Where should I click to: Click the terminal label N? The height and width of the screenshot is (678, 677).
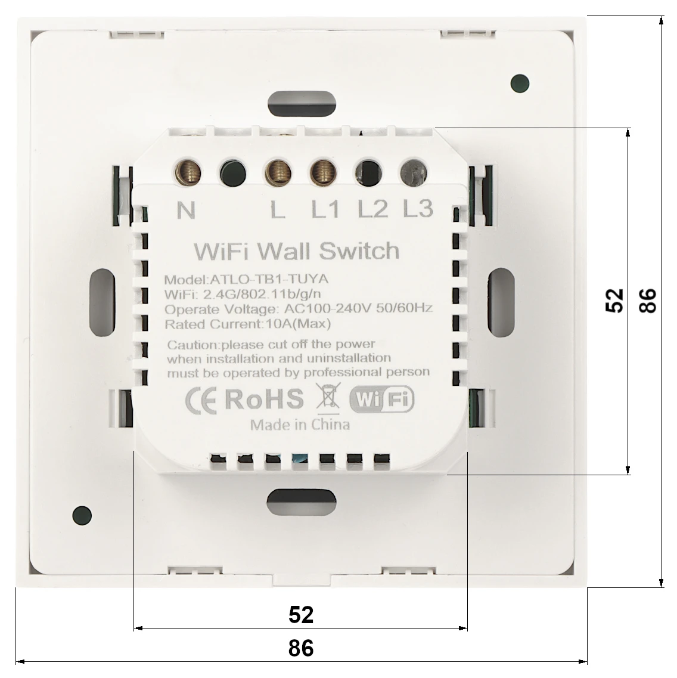pos(186,210)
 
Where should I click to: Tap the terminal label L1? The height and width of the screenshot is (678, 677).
pos(325,209)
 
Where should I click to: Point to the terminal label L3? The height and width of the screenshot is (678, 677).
pos(418,209)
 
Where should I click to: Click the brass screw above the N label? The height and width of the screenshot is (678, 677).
pos(188,172)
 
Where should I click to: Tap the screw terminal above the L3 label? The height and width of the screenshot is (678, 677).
pos(414,172)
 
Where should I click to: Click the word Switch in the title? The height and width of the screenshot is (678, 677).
pos(359,251)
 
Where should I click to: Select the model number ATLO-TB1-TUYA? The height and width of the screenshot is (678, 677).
pos(269,279)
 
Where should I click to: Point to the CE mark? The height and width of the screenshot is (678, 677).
pos(201,400)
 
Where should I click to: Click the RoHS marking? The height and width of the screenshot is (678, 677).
pos(264,399)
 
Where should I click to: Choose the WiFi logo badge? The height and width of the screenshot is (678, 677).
pos(381,398)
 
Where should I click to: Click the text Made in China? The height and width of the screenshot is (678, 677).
pos(300,425)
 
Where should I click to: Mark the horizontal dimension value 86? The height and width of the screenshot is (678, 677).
pos(301,648)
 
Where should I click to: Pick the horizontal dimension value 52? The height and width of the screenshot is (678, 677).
pos(301,614)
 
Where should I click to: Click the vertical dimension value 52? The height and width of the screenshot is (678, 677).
pos(614,300)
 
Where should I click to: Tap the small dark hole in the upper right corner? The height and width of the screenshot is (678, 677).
pos(520,83)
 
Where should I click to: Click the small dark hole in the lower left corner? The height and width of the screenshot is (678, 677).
pos(82,515)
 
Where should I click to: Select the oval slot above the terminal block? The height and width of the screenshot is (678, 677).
pos(302,104)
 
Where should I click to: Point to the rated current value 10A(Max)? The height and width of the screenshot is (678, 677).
pos(298,323)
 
